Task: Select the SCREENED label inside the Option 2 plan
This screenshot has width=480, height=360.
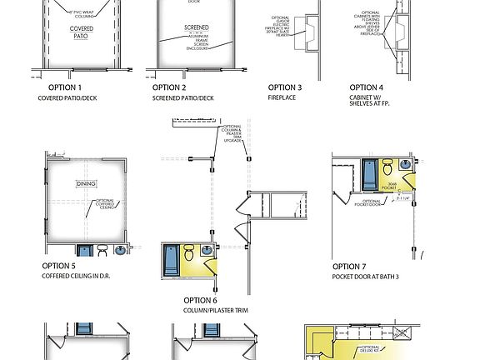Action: [x=197, y=28]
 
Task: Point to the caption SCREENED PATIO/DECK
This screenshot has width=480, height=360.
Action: [x=182, y=98]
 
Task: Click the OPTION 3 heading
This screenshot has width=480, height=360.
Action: [x=285, y=87]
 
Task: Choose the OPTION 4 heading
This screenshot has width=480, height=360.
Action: [x=367, y=87]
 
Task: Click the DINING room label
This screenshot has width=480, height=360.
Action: [x=87, y=183]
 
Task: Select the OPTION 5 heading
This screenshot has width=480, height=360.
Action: [x=59, y=266]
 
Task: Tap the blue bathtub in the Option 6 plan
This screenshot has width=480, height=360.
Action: [x=170, y=259]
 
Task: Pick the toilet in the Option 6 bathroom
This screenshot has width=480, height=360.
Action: [x=189, y=252]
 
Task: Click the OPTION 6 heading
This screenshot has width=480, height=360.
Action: [x=201, y=300]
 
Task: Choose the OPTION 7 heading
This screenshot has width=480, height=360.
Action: [x=349, y=266]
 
